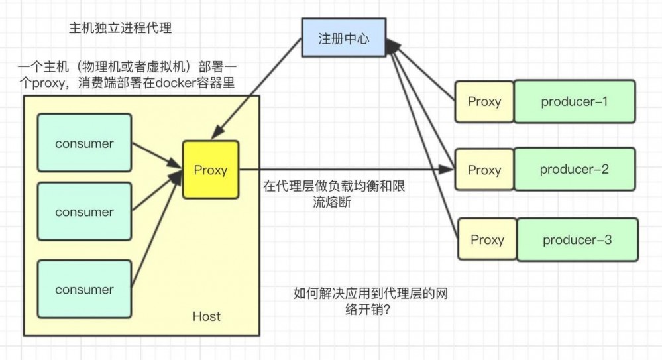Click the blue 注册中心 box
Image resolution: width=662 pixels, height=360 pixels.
[344, 38]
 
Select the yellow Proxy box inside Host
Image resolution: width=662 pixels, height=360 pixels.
[211, 170]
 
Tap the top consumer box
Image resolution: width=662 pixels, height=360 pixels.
[84, 143]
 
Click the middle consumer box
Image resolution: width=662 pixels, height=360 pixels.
[84, 212]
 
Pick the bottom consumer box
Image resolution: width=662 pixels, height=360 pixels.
[84, 290]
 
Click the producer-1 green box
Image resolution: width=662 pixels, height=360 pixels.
[575, 101]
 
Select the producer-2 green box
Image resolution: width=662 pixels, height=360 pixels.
[575, 169]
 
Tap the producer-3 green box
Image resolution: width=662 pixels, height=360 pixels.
[577, 239]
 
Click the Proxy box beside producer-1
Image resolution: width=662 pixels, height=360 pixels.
[484, 101]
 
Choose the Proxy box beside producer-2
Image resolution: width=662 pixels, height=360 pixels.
[484, 170]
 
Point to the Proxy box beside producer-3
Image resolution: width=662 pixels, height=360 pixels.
[487, 239]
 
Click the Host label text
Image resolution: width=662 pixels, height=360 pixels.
[206, 316]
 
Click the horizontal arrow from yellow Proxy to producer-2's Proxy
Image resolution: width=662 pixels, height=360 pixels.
[345, 170]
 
